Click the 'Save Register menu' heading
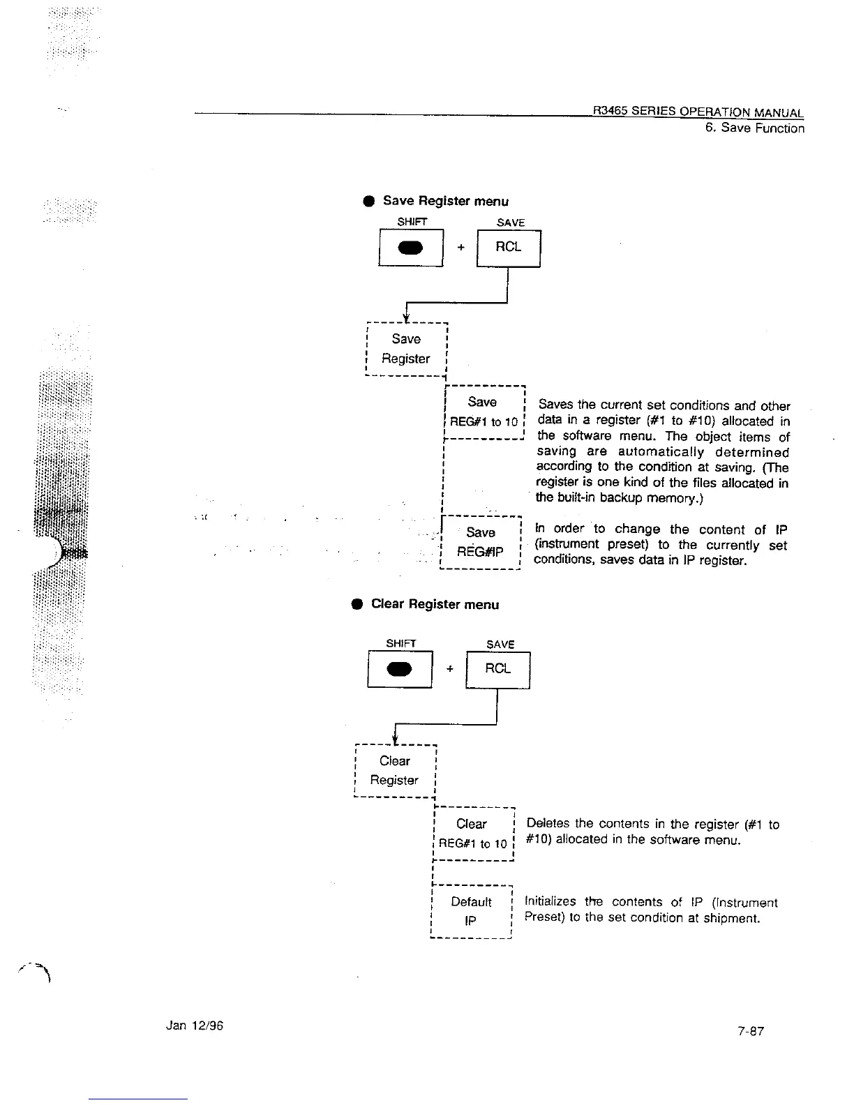(445, 201)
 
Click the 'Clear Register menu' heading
(435, 604)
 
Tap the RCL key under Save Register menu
(508, 248)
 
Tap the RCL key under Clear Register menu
(497, 669)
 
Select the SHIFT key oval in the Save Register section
(411, 248)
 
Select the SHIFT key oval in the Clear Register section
(400, 669)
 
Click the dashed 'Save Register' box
(406, 349)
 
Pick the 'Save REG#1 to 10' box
(484, 412)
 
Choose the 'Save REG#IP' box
(481, 543)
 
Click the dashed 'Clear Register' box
(395, 771)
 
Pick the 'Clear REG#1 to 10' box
(472, 834)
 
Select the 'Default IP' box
(472, 912)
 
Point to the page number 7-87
(751, 1031)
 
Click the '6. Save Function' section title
(754, 128)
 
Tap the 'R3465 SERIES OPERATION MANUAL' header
(698, 112)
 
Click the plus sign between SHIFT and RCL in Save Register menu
(460, 248)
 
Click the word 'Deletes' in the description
(548, 825)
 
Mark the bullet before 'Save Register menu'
(368, 202)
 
